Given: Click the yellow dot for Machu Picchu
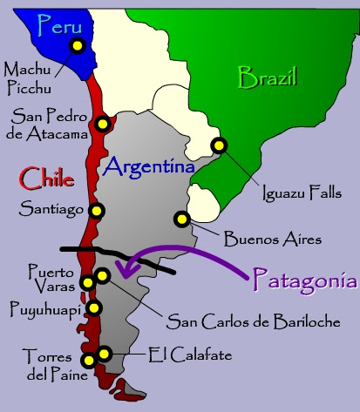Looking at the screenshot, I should pyautogui.click(x=78, y=47).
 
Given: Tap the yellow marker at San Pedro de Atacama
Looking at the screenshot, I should pyautogui.click(x=104, y=124).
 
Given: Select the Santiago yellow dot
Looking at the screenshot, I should pyautogui.click(x=97, y=210).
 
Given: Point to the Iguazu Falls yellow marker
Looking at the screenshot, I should pyautogui.click(x=219, y=146).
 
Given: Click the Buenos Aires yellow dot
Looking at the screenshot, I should pyautogui.click(x=181, y=219).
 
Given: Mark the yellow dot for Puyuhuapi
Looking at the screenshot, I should pyautogui.click(x=94, y=307).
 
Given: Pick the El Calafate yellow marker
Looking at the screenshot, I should pyautogui.click(x=104, y=353).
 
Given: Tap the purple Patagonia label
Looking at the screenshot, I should pyautogui.click(x=305, y=280).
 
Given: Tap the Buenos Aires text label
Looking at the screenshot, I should pyautogui.click(x=273, y=237).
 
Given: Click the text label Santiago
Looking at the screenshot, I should pyautogui.click(x=50, y=210).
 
